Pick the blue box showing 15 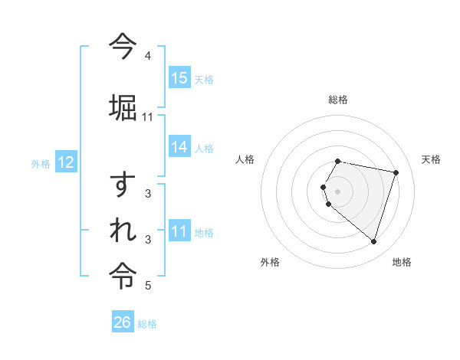(x=179, y=78)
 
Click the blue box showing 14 (x=179, y=147)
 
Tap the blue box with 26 (x=123, y=322)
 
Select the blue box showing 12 (x=65, y=162)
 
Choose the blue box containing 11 (x=179, y=231)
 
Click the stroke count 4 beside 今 (x=148, y=56)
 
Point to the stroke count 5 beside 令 (x=148, y=286)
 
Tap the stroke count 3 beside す (x=148, y=194)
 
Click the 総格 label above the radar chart (x=338, y=100)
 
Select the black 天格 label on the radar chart (x=431, y=159)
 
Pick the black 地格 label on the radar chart (x=402, y=262)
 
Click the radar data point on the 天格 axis (x=396, y=172)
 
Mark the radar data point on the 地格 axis (x=373, y=241)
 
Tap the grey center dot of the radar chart (x=338, y=191)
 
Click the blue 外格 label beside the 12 (x=41, y=163)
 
